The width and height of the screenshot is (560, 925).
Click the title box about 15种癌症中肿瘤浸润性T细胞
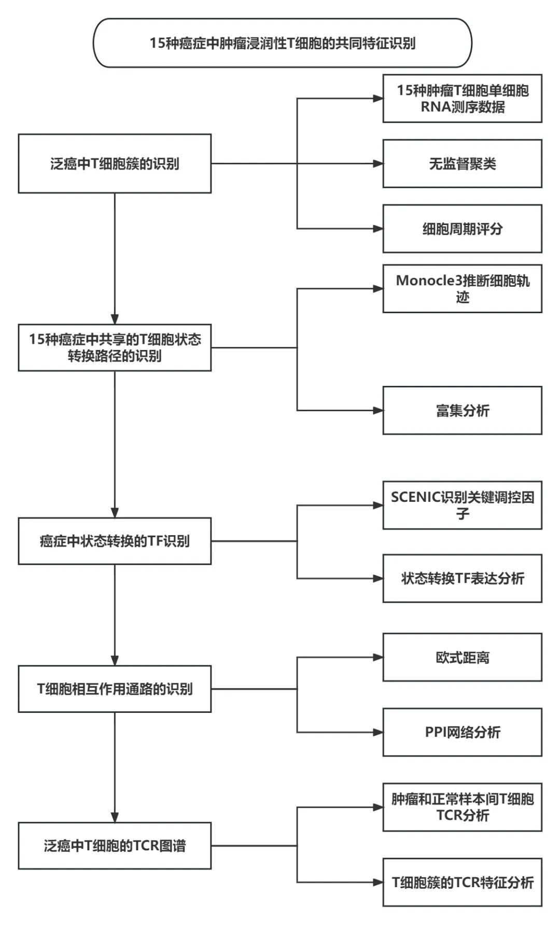pos(283,43)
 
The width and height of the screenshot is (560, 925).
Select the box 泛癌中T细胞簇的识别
pos(115,164)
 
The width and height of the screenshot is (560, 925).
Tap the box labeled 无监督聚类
pos(462,164)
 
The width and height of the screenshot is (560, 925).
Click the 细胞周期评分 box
pos(462,229)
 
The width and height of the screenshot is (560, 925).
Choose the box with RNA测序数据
pos(462,99)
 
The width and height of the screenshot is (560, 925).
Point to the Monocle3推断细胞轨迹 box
pos(462,289)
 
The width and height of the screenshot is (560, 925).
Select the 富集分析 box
pos(462,411)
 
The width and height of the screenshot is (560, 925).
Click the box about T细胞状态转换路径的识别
pos(115,347)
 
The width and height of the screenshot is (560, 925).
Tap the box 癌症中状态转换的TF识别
pos(115,541)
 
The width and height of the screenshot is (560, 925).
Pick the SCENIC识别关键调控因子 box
pos(462,505)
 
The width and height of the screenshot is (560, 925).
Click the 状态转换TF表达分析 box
pos(462,578)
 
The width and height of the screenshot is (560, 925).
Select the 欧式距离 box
pos(462,657)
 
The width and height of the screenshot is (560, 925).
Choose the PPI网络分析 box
pos(462,732)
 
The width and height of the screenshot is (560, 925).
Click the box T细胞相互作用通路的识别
pos(115,689)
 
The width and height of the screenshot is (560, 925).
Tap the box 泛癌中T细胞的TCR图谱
pos(115,846)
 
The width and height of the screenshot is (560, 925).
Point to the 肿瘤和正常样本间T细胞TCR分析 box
pos(462,807)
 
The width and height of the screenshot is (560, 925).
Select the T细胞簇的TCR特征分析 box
pos(462,882)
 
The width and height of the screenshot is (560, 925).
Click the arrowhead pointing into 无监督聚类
pos(378,164)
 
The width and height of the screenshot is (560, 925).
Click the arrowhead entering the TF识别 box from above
pos(115,512)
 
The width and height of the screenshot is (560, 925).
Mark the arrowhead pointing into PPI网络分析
pos(378,732)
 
